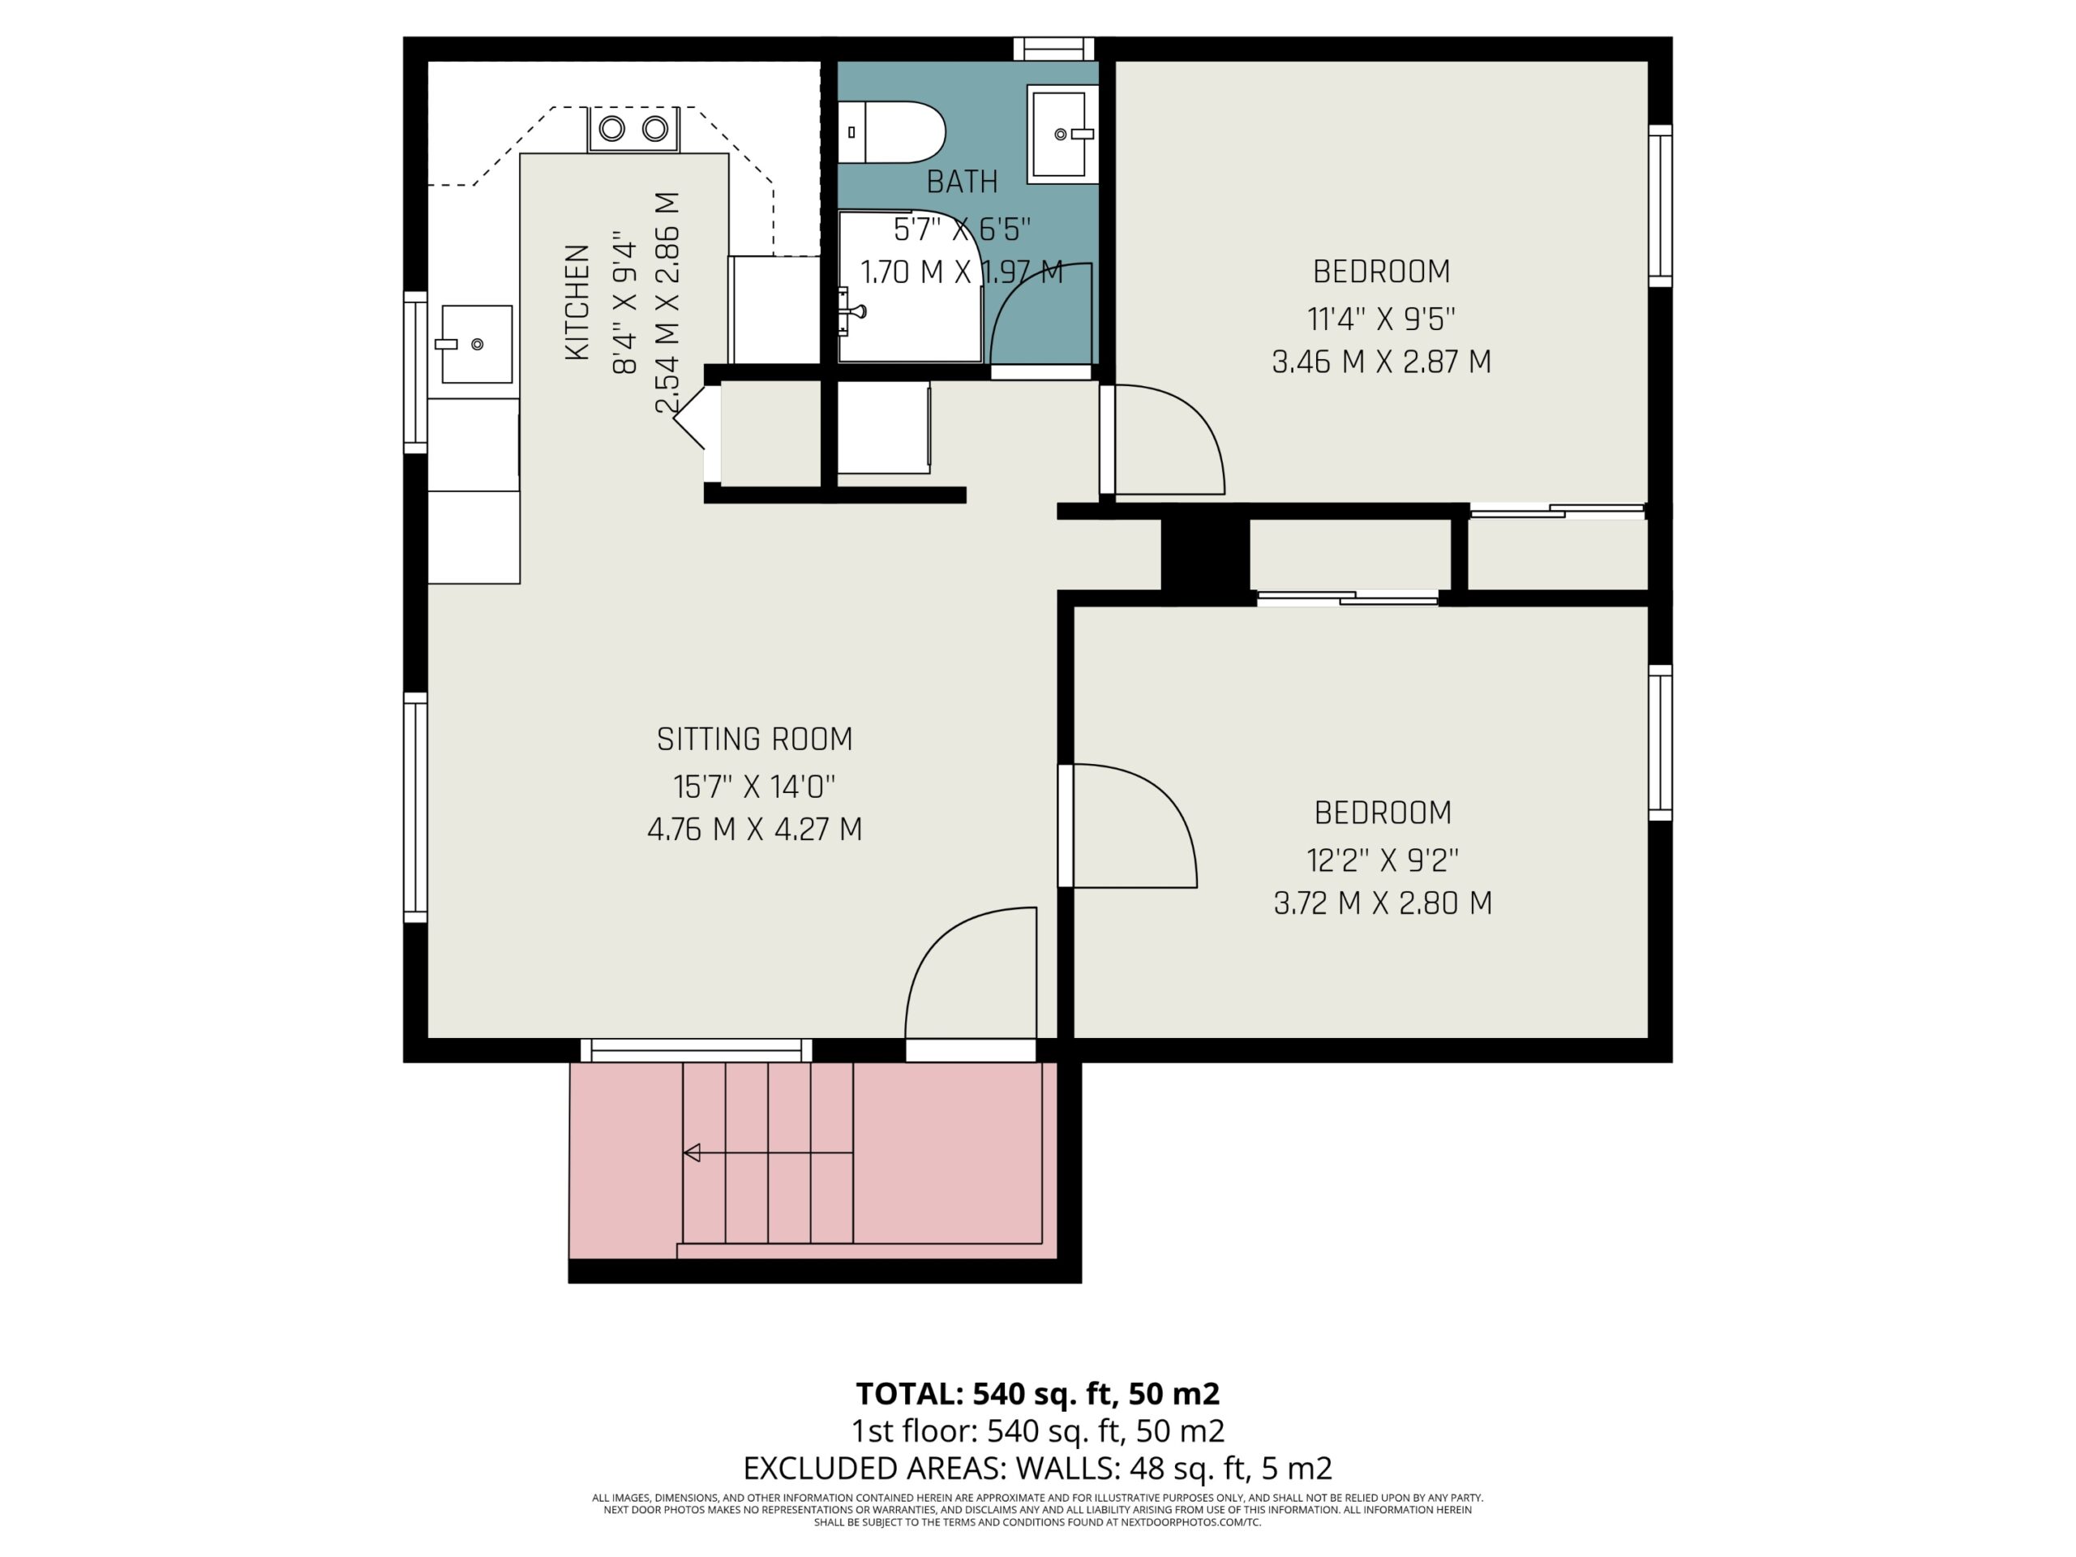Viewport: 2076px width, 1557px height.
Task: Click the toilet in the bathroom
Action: pos(890,132)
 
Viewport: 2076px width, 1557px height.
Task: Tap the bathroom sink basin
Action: pos(1062,134)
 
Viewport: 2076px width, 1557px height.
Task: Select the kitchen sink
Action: pos(477,344)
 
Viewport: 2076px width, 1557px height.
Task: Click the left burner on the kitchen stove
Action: pos(612,129)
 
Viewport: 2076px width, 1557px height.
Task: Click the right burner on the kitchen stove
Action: pos(655,129)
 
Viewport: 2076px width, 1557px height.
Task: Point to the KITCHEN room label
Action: pos(577,302)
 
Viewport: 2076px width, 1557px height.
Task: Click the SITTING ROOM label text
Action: pos(754,740)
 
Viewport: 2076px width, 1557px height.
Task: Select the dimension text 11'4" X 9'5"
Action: pos(1382,319)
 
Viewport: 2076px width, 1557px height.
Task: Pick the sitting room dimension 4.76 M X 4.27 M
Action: pos(754,830)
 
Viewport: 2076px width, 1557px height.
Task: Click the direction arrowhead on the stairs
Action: pos(693,1152)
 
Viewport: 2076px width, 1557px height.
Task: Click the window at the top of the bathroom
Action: pos(1054,48)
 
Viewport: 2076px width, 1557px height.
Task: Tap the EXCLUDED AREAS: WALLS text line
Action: pos(1038,1468)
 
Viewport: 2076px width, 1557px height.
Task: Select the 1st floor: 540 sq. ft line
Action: pos(1038,1431)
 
